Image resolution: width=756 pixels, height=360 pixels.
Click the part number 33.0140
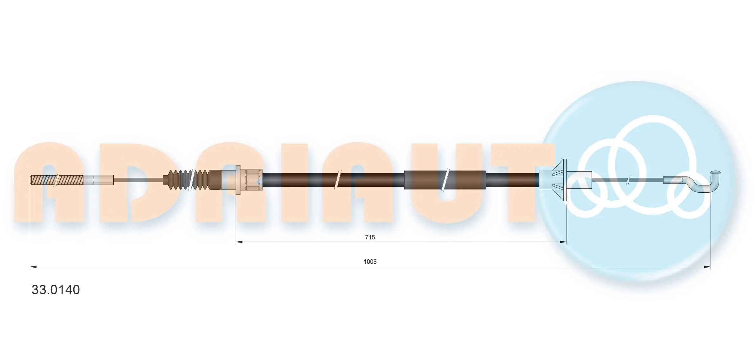tap(56, 290)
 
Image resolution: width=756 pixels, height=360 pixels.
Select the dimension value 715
tap(370, 237)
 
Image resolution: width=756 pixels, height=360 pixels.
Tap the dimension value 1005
tap(370, 262)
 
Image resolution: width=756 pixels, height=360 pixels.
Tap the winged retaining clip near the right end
tap(560, 180)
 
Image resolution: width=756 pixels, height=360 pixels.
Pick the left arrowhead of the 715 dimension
tap(239, 242)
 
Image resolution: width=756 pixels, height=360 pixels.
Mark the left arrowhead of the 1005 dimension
tap(33, 267)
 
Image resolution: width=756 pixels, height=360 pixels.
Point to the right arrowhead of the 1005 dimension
tap(707, 267)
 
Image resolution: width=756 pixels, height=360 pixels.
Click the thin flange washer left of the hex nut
tap(238, 180)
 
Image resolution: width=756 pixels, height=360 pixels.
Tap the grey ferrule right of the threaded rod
tap(98, 180)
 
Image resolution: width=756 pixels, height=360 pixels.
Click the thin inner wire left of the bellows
tap(138, 180)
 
